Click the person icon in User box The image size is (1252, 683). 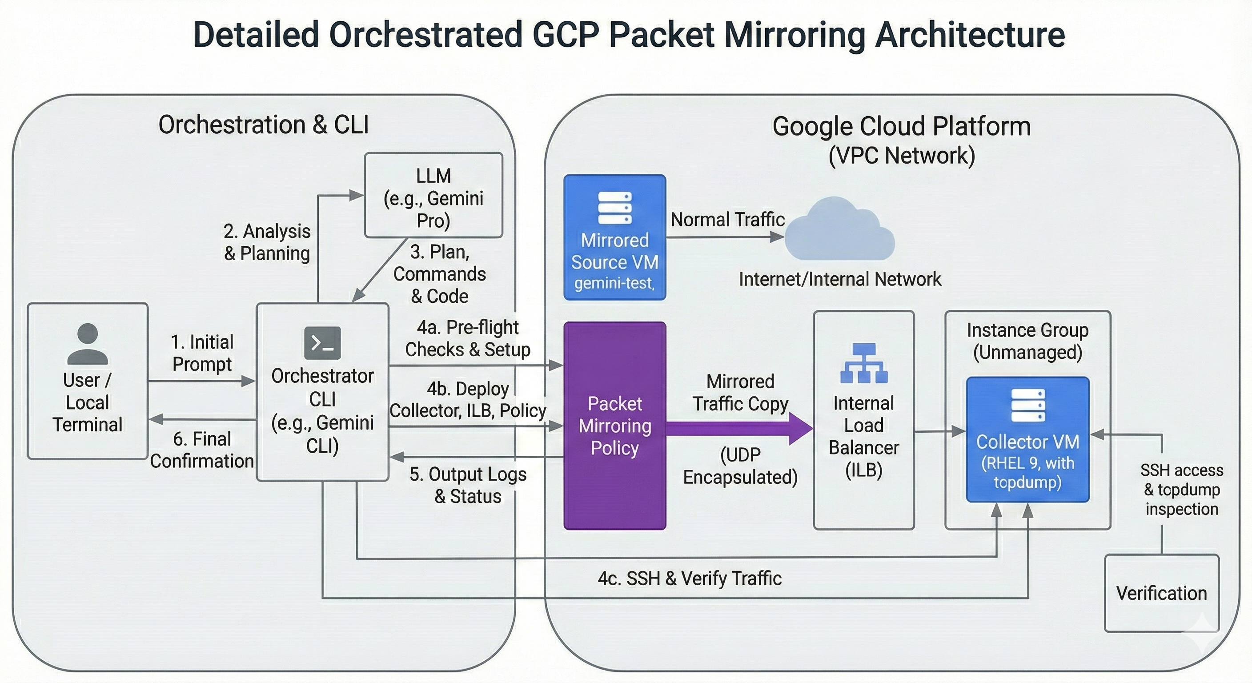point(88,344)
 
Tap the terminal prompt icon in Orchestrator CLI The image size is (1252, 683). point(322,343)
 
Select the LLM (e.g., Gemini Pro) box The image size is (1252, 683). point(433,195)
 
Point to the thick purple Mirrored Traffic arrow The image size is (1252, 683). point(739,428)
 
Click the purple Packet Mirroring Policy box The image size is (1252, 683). point(614,426)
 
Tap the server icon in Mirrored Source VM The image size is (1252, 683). point(614,208)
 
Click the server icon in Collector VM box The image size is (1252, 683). point(1027,405)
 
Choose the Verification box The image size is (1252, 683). point(1162,593)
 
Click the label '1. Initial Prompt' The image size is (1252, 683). point(202,353)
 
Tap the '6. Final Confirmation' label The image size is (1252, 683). point(202,450)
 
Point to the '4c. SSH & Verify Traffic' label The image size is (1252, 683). point(689,579)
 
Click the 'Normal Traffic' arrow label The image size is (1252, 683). point(727,220)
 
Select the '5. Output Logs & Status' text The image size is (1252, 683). point(468,485)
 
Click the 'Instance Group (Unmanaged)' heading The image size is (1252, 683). point(1027,341)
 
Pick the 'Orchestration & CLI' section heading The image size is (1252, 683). point(263,125)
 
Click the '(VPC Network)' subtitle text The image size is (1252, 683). point(902,156)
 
